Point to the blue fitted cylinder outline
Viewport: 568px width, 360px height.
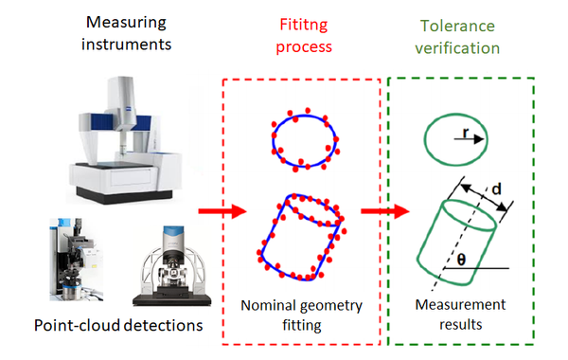point(299,233)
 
